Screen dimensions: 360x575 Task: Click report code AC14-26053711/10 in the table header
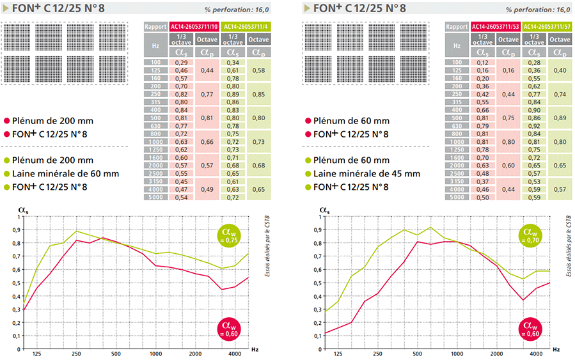194,27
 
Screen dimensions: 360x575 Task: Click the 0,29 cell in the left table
182,62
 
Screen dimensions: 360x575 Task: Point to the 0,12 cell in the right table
482,62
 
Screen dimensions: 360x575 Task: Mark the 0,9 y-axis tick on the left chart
18,229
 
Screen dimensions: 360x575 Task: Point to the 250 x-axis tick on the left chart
76,353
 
